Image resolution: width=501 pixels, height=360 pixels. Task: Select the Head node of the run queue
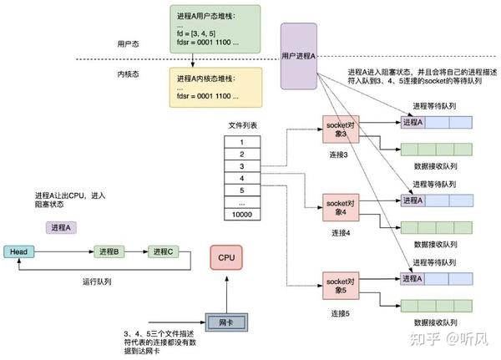[19, 251]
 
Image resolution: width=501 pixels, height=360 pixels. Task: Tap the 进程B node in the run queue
[108, 251]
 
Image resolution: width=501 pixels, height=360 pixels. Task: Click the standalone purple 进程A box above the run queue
[61, 227]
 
